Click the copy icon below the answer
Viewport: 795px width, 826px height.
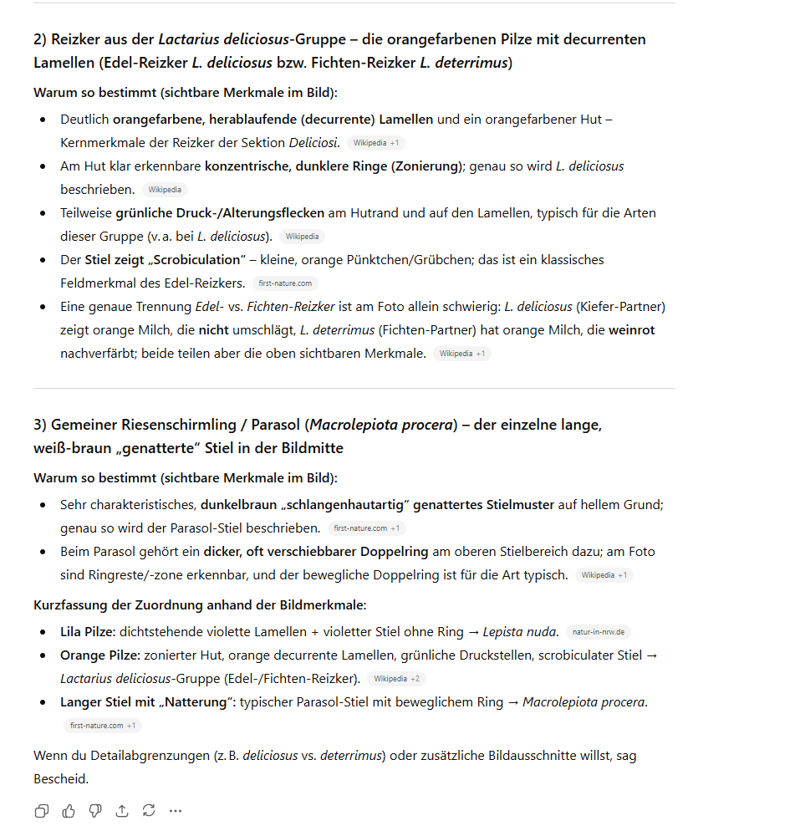click(41, 810)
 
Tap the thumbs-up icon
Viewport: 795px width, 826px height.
click(69, 810)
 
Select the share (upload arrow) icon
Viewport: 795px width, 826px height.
click(122, 810)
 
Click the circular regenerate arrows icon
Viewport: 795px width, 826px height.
click(149, 810)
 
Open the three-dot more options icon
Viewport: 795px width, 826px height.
click(176, 810)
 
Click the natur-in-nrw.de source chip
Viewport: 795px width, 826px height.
click(599, 632)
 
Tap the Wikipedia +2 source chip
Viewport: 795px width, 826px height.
click(397, 679)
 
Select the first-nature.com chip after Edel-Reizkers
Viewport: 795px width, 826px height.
click(285, 283)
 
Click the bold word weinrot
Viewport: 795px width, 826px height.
click(631, 330)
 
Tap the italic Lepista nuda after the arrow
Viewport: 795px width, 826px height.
click(520, 632)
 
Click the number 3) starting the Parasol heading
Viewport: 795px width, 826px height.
click(40, 425)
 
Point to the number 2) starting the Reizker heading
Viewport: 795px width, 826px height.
click(40, 39)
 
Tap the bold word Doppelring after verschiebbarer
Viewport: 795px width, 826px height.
click(393, 552)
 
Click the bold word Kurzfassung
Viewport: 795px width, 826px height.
click(71, 605)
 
